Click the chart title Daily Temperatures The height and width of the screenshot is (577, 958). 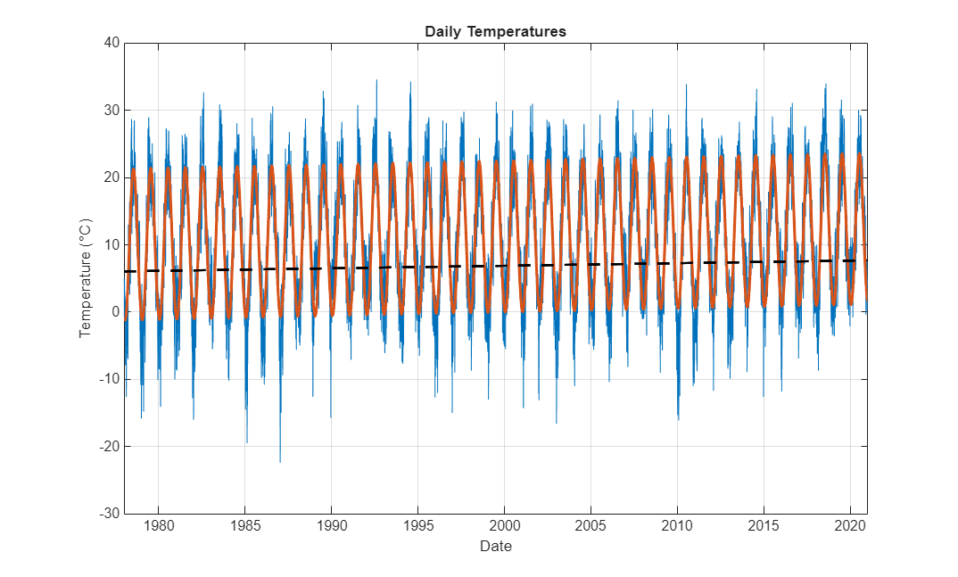[x=495, y=31]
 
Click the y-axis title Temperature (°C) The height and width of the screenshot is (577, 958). [x=86, y=277]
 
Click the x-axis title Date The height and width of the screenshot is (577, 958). [x=495, y=546]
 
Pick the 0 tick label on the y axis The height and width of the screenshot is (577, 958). [x=113, y=312]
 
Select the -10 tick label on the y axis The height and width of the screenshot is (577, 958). [x=108, y=379]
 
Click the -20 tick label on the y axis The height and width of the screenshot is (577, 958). [x=108, y=446]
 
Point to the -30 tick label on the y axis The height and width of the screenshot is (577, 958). [x=108, y=514]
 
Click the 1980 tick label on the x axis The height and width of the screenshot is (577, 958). [x=158, y=526]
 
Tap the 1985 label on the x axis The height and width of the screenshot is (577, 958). [x=244, y=526]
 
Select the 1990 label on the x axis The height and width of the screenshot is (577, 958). [x=331, y=526]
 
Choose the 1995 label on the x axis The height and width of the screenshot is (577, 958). [x=417, y=526]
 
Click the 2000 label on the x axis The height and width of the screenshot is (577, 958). [x=504, y=526]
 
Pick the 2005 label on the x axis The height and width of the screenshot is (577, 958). [x=590, y=526]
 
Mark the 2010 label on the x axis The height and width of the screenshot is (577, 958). [x=677, y=526]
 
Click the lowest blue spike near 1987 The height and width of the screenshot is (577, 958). [x=280, y=461]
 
